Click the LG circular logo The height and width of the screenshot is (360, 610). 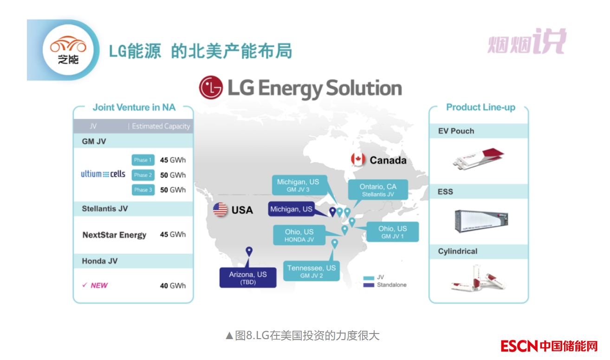pos(210,88)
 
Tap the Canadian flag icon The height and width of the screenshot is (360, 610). pos(358,159)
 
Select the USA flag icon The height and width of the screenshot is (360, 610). pos(220,209)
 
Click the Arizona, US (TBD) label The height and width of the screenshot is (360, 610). pos(247,277)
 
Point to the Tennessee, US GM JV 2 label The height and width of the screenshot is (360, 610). pos(311,271)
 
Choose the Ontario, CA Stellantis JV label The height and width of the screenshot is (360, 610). pos(378,190)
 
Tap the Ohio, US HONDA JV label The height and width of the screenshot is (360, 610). pos(299,235)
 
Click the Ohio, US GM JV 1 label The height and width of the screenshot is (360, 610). pos(392,232)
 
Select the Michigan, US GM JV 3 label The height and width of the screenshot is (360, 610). pos(298,185)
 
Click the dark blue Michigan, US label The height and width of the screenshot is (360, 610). pos(291,209)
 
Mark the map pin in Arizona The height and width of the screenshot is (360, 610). pos(249,252)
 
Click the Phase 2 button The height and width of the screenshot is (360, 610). pos(143,175)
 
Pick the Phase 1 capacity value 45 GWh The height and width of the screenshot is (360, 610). pos(173,160)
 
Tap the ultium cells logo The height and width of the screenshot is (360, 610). pos(103,174)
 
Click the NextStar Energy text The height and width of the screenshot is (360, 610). pos(114,235)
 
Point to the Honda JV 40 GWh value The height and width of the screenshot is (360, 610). pos(173,286)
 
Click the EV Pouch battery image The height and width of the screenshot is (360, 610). pos(478,158)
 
